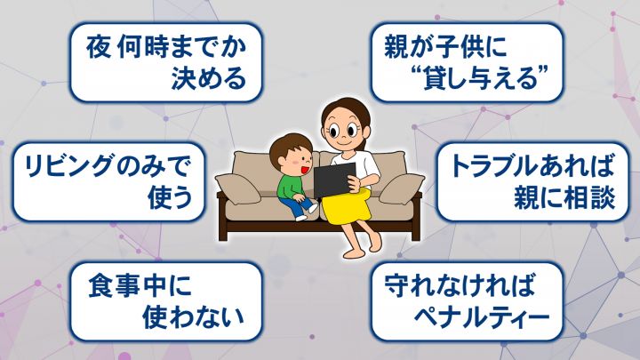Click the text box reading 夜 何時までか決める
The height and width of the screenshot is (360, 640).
165,62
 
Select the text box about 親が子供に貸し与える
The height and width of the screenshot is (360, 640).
467,62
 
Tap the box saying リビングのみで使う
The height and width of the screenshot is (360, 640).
108,181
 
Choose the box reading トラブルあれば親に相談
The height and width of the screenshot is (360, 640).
532,181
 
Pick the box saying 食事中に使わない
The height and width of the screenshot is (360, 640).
165,301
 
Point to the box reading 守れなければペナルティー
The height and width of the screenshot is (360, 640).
467,301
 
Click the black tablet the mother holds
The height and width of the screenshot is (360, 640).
334,180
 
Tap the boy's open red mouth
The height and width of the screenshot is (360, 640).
303,167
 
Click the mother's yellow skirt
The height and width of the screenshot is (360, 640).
347,207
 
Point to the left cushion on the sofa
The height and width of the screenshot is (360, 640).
238,188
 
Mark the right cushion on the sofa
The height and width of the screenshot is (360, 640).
402,188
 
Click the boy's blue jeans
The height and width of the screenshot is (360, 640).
297,206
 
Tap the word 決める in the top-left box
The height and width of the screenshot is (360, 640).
209,78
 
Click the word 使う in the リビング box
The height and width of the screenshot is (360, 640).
170,198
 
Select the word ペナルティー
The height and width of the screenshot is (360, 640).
483,316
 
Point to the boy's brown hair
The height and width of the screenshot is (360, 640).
289,146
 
